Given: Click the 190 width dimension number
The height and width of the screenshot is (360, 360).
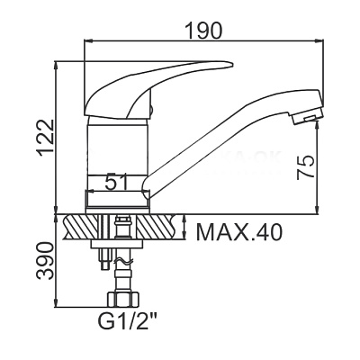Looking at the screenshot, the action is coord(203,31).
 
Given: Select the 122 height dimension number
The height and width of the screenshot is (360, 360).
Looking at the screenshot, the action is coord(46,138).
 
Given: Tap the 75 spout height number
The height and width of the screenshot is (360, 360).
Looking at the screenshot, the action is coord(305,167).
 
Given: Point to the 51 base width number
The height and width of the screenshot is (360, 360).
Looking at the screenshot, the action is coord(117,182).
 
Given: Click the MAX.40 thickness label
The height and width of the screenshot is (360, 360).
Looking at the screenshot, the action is coord(238,232).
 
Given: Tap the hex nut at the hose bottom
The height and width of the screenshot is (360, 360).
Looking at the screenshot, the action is coord(123,299).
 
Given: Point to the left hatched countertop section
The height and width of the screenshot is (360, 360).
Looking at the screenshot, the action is coord(81,227).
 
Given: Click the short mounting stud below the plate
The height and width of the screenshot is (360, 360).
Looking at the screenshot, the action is coord(105,259).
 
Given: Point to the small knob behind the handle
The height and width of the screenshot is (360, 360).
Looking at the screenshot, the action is coord(152,109).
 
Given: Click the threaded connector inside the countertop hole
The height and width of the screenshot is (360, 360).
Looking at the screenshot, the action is coord(122,229).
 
